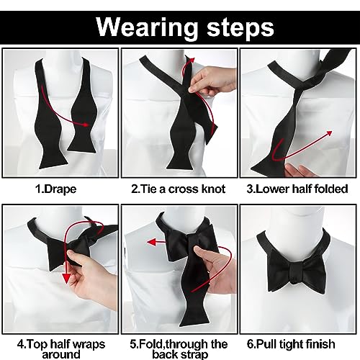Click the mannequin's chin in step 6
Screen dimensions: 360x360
[298, 216]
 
